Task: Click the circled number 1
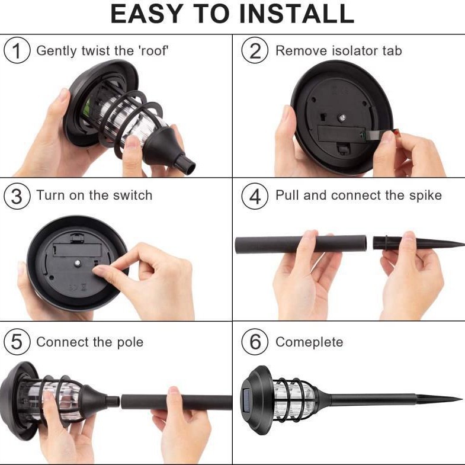pyautogui.click(x=17, y=50)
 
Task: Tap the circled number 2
pyautogui.click(x=255, y=50)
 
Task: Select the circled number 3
pyautogui.click(x=17, y=195)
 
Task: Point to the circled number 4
pyautogui.click(x=255, y=195)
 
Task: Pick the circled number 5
pyautogui.click(x=17, y=342)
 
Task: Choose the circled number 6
pyautogui.click(x=255, y=342)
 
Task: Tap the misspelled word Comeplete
pyautogui.click(x=309, y=342)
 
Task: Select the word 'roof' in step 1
pyautogui.click(x=153, y=50)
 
